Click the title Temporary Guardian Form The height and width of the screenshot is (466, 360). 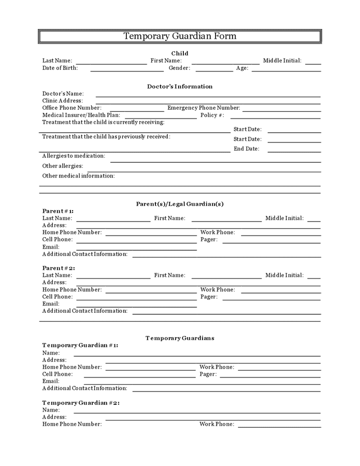[180, 36]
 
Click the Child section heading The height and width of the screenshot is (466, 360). [180, 53]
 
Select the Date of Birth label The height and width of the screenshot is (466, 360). [60, 68]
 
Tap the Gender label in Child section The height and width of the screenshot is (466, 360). [179, 68]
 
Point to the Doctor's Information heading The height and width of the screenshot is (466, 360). [180, 86]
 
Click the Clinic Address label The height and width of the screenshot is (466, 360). [62, 100]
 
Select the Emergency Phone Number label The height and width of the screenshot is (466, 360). [204, 108]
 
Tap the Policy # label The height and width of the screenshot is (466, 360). [212, 115]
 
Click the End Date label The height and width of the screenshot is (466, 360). [246, 149]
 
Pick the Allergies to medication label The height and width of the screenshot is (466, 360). [74, 156]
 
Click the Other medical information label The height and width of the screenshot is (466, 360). [78, 176]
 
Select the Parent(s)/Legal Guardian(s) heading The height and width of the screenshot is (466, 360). [180, 204]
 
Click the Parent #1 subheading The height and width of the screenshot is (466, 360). [58, 211]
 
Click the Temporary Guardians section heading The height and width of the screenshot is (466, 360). [180, 338]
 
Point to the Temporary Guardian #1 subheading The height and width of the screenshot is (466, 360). [80, 345]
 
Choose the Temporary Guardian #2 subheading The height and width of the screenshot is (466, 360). [81, 402]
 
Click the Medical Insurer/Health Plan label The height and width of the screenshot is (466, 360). [81, 115]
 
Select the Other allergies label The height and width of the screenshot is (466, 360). [63, 166]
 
